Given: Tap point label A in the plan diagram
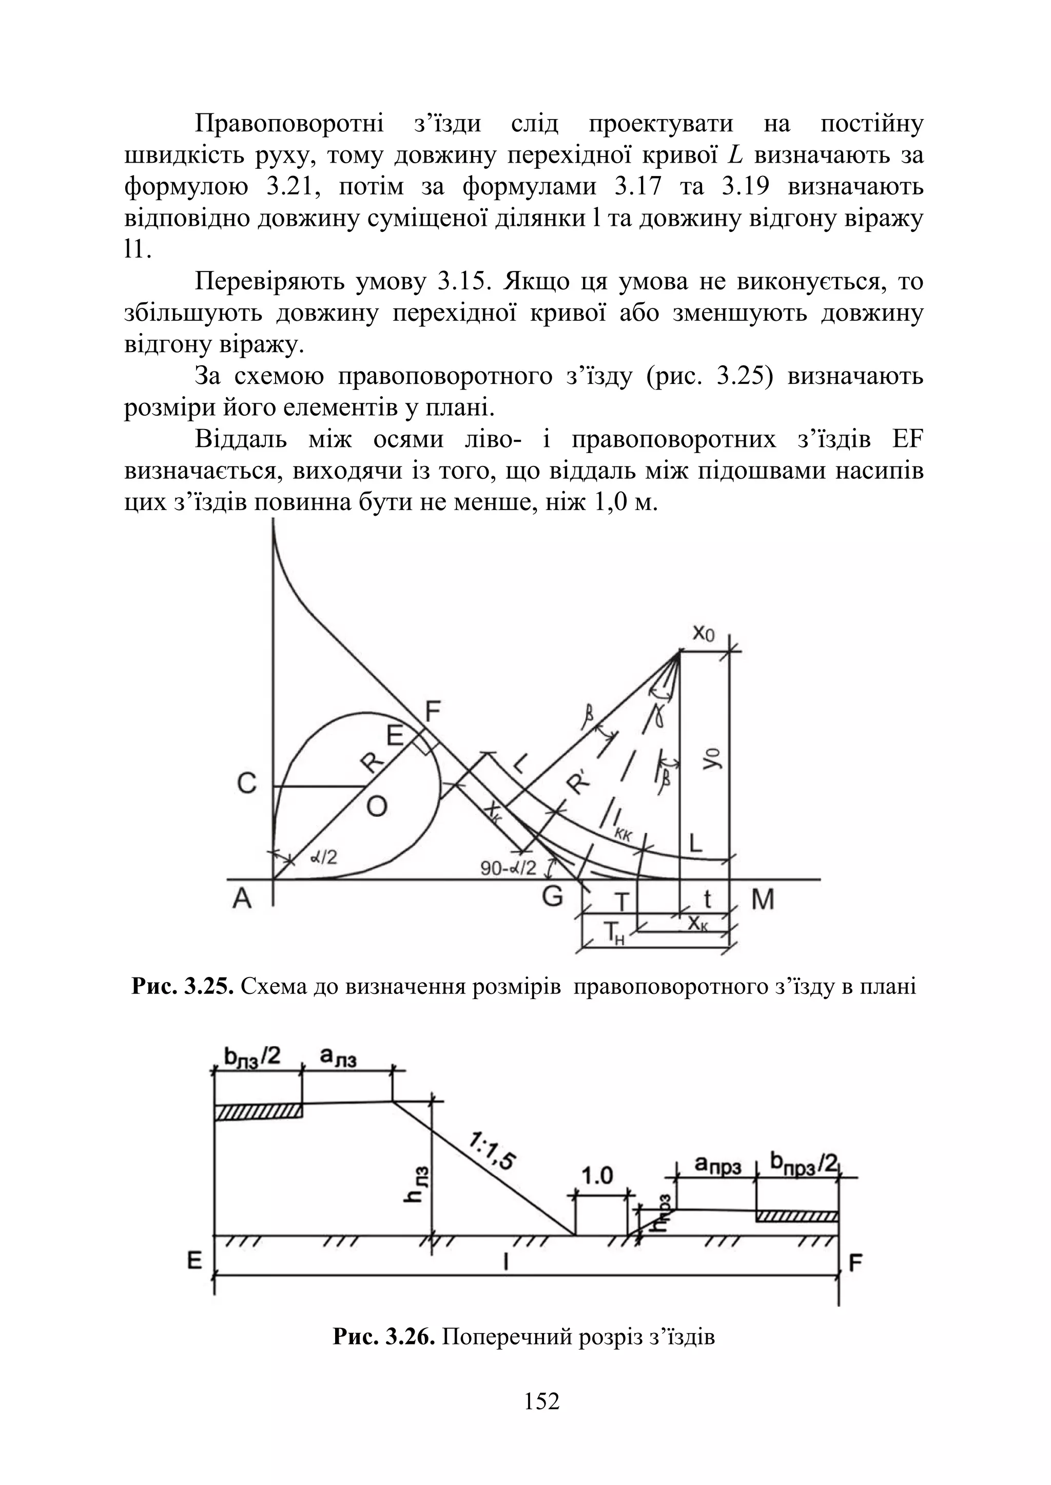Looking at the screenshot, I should click(x=242, y=899).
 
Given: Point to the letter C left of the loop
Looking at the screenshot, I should click(x=246, y=784).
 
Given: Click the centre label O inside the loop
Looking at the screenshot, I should click(x=377, y=806).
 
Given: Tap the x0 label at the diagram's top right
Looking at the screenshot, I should click(x=704, y=632).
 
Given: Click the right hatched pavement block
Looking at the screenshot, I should click(x=797, y=1217).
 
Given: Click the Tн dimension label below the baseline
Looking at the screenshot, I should click(x=614, y=932).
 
